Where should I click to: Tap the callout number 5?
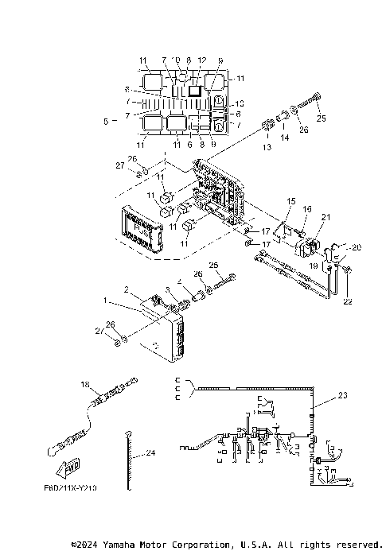[x=106, y=122]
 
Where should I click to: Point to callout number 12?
[x=201, y=60]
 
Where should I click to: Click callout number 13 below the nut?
[x=267, y=147]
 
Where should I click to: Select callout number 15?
[x=290, y=202]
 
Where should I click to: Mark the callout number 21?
[x=325, y=216]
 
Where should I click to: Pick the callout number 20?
[x=356, y=247]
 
